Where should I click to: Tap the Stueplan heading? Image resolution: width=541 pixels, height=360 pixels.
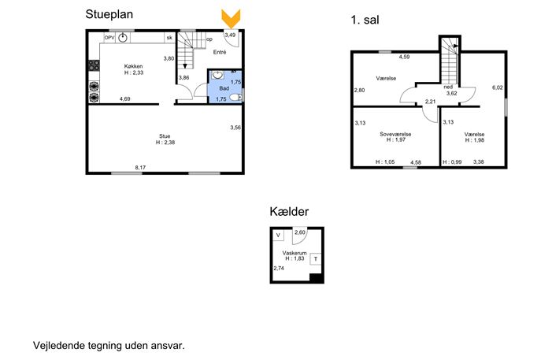coord(109,14)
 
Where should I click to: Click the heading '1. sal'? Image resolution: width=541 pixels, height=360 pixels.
coord(365,20)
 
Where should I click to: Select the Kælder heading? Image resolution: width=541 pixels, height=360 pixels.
coord(289,211)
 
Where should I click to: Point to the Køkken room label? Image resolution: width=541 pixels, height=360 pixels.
coord(134,66)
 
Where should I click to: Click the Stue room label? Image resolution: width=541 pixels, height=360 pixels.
coord(165,136)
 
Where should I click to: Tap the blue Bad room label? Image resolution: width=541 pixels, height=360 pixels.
coord(224,88)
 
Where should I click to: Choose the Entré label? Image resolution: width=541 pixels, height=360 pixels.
coord(220,52)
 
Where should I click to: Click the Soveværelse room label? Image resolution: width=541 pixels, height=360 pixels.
coord(395,134)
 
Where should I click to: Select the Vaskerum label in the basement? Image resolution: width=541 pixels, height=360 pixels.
coord(295,253)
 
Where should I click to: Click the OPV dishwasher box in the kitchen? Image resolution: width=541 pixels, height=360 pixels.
coord(109,38)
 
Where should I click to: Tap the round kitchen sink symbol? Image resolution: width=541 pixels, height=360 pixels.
coord(123,38)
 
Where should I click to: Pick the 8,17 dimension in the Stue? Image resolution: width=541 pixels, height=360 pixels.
coord(140,168)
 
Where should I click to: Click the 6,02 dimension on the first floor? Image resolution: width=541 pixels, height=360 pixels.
coord(497,87)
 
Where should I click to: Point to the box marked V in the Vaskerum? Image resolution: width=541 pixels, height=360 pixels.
coord(278,236)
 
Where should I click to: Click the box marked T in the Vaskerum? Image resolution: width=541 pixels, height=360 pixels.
coord(315,259)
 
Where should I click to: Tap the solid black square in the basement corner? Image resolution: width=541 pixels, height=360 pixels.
coord(317,278)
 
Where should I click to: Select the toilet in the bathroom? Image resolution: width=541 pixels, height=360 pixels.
coord(236,98)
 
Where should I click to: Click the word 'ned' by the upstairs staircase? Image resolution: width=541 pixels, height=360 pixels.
coord(448,87)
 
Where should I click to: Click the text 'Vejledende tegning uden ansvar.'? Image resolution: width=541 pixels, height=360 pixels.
coord(109,346)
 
